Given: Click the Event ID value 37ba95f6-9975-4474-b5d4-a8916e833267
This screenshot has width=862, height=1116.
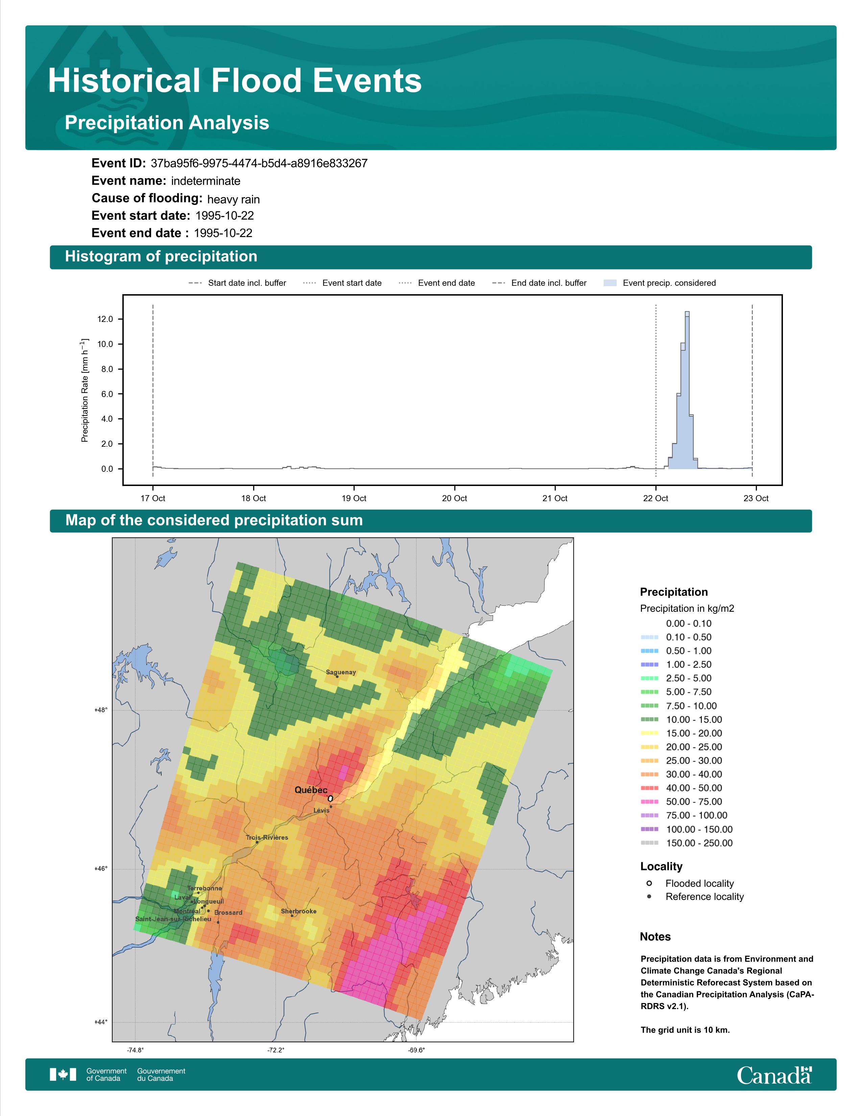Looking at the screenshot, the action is (259, 164).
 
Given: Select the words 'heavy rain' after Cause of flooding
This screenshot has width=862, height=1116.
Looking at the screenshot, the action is (233, 199).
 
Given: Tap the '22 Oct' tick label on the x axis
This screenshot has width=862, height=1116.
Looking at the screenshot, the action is (656, 498).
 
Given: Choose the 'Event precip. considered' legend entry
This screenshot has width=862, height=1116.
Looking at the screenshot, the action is (660, 283).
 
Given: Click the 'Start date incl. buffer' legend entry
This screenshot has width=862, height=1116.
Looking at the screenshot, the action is (237, 283).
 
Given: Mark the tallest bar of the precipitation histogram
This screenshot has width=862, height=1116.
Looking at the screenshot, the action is (687, 390).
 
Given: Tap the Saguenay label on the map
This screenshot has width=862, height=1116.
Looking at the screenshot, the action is (341, 672).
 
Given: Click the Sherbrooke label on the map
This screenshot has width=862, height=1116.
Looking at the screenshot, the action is (299, 911).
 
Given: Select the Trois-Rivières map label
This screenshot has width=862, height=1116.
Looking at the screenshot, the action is (267, 838).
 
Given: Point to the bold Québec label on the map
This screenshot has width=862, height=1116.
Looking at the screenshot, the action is (311, 790).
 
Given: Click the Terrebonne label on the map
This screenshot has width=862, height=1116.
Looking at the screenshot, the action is (204, 888).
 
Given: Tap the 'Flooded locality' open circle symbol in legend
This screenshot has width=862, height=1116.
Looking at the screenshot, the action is (649, 883).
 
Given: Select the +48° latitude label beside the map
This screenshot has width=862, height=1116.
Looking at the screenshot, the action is (101, 710).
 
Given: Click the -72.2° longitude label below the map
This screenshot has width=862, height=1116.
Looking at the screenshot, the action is (276, 1050).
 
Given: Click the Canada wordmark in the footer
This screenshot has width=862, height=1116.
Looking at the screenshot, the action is (774, 1075).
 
